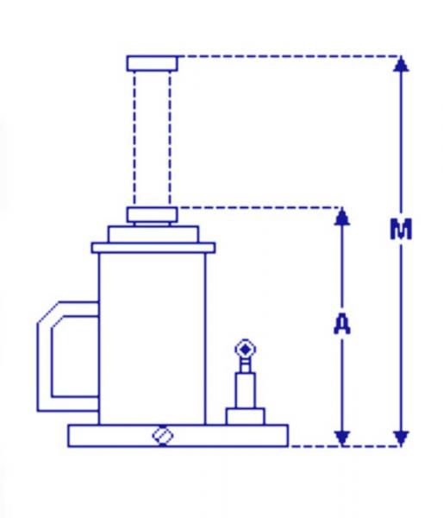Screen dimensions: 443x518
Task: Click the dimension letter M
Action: point(401,229)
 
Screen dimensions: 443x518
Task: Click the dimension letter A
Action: point(342,324)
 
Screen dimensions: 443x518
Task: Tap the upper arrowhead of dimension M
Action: point(401,64)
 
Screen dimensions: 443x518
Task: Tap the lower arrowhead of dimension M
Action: point(401,439)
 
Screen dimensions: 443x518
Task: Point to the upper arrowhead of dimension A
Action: point(342,218)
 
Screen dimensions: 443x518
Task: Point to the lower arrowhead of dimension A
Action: point(342,439)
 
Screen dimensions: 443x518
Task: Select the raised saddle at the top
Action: point(152,63)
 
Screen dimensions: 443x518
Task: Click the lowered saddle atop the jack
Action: point(152,215)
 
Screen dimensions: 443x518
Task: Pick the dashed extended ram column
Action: point(152,139)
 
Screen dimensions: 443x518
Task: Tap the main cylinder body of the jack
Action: point(152,338)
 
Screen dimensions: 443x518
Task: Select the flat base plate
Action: point(178,436)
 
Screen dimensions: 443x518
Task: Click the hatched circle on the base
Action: point(163,436)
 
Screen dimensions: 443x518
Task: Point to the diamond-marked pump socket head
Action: point(245,349)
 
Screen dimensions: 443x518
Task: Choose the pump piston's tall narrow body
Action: point(245,390)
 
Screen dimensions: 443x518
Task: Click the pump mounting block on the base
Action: point(245,417)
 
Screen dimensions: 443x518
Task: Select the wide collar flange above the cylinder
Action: point(153,248)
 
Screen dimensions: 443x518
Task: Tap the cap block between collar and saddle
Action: point(153,234)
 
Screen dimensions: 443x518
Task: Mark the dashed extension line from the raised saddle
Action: point(290,56)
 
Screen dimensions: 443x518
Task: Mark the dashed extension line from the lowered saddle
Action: point(260,208)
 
